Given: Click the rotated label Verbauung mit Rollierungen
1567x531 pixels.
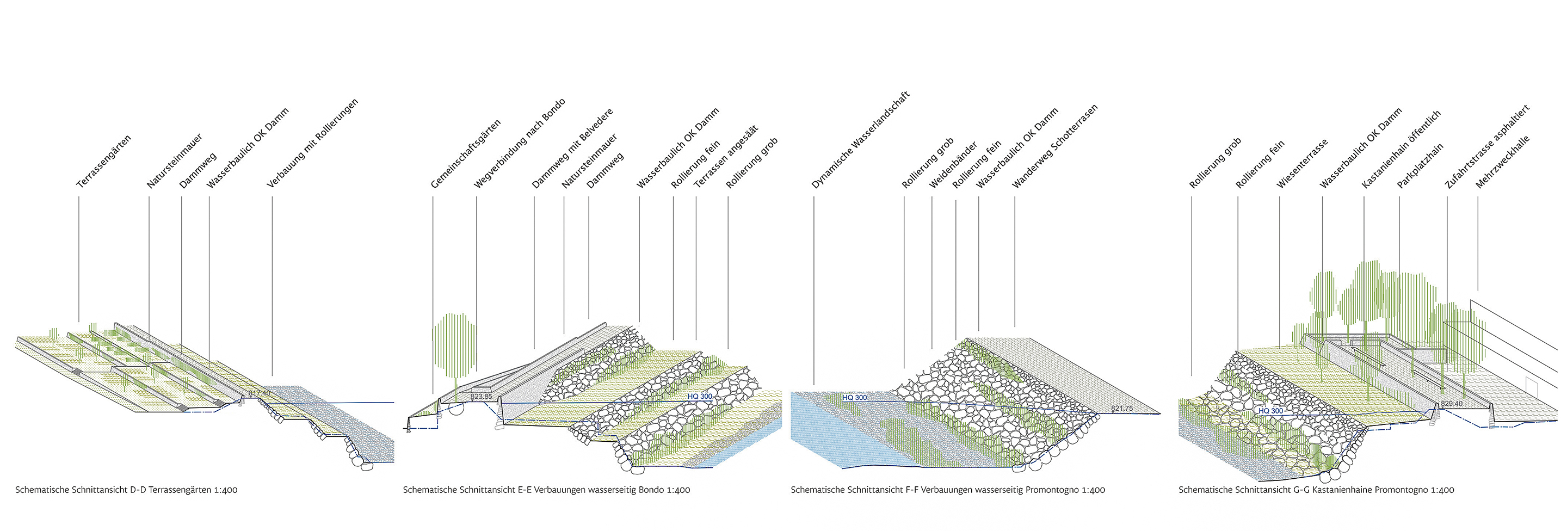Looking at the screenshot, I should [313, 143].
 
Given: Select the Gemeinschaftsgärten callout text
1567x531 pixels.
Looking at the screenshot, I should [465, 154].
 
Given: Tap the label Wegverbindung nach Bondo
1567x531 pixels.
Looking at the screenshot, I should [520, 143].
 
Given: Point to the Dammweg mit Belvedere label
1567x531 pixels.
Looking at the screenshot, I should [572, 149].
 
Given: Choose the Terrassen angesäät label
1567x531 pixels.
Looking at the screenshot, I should [726, 156].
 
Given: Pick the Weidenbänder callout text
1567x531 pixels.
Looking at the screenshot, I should [953, 165].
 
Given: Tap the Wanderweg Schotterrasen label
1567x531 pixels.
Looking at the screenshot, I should [1055, 146].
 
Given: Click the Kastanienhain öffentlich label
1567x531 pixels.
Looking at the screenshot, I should [1401, 150].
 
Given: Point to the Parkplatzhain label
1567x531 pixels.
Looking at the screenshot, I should [1420, 165].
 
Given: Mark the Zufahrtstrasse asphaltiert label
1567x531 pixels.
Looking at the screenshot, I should [1486, 146].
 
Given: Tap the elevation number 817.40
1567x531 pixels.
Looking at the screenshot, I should [258, 393].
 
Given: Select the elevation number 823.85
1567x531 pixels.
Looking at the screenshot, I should [481, 397].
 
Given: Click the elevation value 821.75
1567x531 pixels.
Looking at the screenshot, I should [1122, 408].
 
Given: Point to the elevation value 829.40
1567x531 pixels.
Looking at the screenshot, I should [1452, 403].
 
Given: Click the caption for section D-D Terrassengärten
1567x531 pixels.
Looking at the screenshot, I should [126, 490].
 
